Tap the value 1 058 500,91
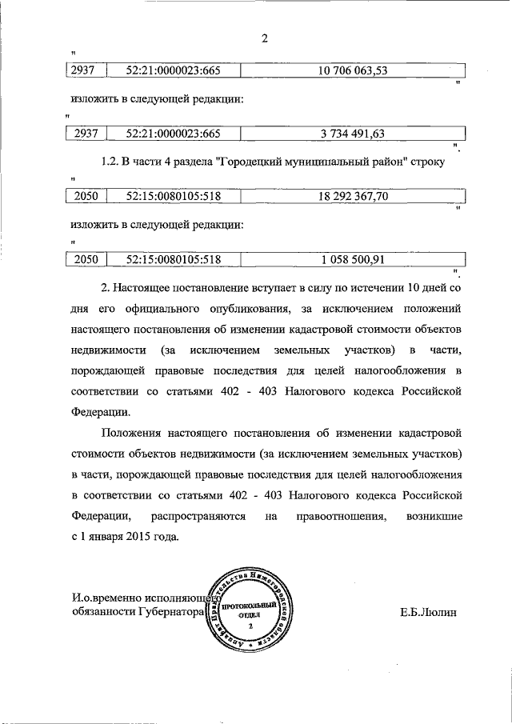(353, 258)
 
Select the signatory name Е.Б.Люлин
(428, 614)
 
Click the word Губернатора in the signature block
(166, 614)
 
